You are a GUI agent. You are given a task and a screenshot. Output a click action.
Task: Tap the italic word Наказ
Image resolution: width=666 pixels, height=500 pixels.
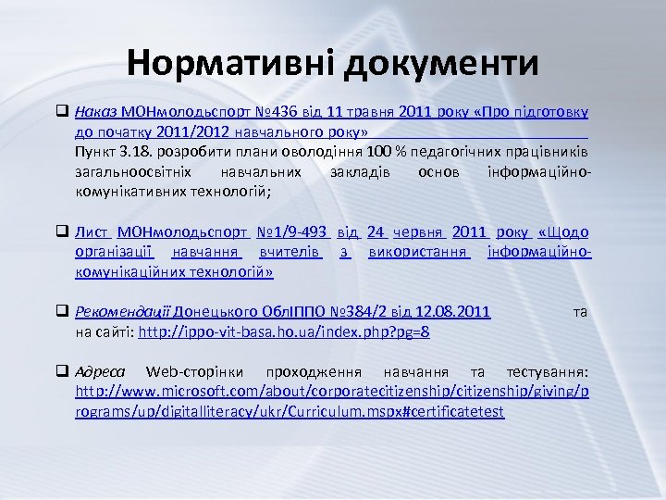pyautogui.click(x=95, y=112)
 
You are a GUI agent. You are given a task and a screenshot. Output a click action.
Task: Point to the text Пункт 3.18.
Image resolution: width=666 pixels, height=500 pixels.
pyautogui.click(x=109, y=150)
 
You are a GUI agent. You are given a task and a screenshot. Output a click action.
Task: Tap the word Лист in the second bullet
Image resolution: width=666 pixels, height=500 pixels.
pyautogui.click(x=92, y=231)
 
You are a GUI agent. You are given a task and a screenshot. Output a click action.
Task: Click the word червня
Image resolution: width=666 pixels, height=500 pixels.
pyautogui.click(x=419, y=231)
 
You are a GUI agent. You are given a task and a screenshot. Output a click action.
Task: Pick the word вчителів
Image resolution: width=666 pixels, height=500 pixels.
pyautogui.click(x=290, y=252)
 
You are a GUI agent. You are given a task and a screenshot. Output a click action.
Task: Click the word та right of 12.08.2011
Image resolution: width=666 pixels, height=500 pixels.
pyautogui.click(x=579, y=312)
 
